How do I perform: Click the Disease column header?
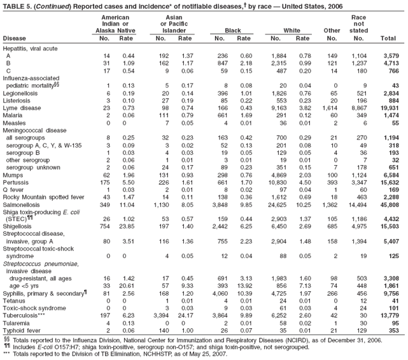15,38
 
